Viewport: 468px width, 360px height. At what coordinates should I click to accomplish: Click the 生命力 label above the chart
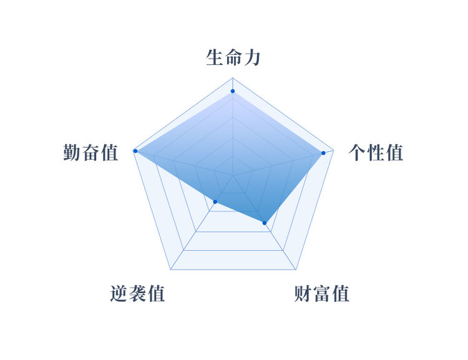233,57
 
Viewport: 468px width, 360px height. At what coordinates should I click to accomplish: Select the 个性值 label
376,152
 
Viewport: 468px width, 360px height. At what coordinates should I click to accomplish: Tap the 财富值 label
322,294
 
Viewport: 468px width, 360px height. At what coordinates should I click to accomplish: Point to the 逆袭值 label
138,293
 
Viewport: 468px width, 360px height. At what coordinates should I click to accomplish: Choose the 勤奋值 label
90,152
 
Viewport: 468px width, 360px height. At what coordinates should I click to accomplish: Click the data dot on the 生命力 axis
233,91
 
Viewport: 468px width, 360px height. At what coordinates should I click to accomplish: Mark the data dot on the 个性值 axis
323,153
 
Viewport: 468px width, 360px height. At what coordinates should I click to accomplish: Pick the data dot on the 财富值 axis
265,223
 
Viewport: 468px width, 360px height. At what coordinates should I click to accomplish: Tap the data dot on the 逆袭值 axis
215,202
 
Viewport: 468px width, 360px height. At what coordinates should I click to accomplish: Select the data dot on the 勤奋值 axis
135,151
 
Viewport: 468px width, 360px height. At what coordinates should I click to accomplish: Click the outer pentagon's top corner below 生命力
233,78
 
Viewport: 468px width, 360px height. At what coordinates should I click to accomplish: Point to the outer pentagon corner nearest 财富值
296,270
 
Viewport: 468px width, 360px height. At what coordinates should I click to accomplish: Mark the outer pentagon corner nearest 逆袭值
170,270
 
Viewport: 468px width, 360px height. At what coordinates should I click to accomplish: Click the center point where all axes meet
233,176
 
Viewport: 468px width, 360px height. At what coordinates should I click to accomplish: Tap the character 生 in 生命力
214,57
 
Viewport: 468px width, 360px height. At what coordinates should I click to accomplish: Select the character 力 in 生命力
252,57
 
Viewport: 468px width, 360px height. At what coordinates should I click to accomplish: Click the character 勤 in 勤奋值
72,152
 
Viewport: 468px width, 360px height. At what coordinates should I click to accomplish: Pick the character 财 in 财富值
303,294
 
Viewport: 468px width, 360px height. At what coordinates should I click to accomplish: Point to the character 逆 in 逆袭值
119,293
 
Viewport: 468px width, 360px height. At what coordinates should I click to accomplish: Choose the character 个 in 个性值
357,152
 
